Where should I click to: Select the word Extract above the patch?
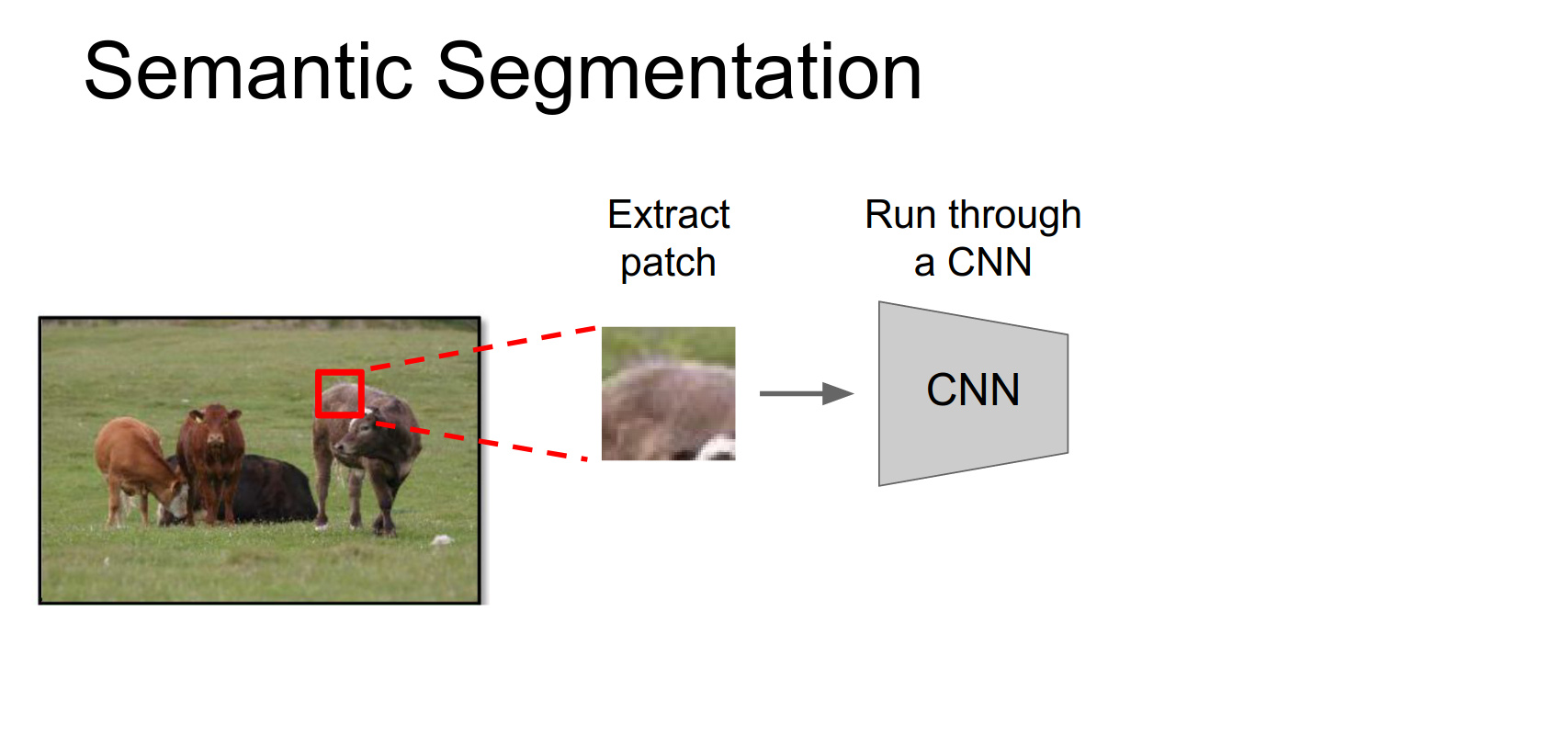point(668,215)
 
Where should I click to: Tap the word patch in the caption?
point(668,264)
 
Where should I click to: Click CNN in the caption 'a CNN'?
point(989,263)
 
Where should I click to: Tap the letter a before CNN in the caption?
point(923,264)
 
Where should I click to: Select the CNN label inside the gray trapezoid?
point(973,390)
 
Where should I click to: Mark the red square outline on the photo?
point(339,373)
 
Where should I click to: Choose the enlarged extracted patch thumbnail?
point(668,393)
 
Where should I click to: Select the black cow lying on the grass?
point(276,487)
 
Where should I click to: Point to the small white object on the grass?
point(443,539)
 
